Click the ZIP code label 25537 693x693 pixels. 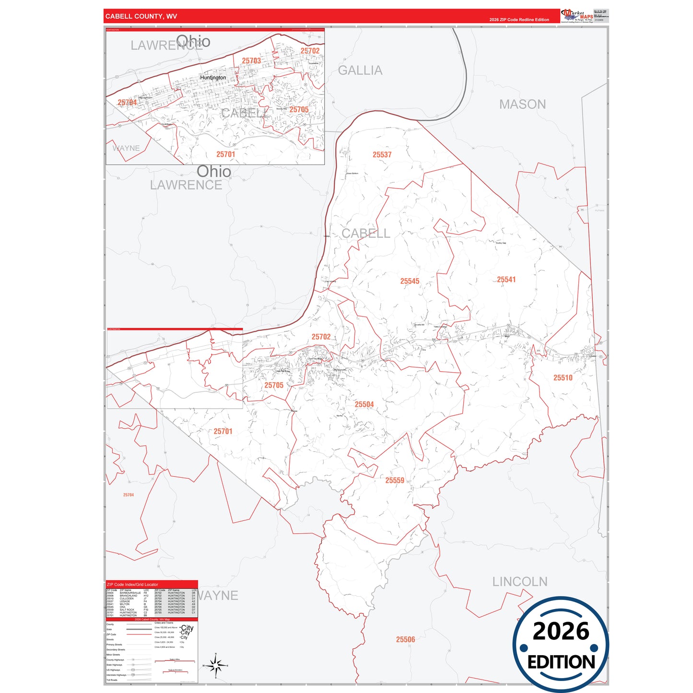[382, 154]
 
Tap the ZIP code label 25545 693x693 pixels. [410, 281]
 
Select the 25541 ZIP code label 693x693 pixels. [506, 280]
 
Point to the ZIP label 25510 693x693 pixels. [563, 377]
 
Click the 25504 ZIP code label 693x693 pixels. [364, 404]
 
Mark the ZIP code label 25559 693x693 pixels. [395, 480]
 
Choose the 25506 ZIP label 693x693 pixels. [405, 639]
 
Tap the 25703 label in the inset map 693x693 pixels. [251, 60]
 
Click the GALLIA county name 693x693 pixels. [360, 70]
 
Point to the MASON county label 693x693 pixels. [522, 104]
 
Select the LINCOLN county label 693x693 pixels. [520, 582]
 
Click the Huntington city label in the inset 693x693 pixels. [213, 78]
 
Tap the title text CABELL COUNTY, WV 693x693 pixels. [141, 16]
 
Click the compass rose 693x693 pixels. [216, 665]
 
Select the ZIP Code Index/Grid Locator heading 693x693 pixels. [132, 585]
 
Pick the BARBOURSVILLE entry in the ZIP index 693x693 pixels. [130, 593]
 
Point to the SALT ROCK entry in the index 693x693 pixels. [127, 610]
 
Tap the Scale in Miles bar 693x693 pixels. [175, 662]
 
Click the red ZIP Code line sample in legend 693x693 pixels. [139, 634]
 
